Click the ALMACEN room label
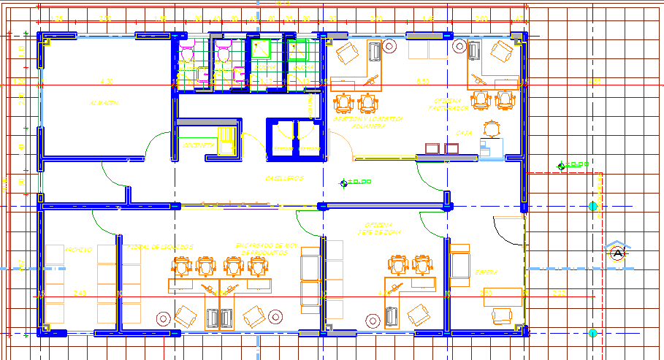tap(104, 104)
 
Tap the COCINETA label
tap(197, 146)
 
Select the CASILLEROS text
tap(283, 178)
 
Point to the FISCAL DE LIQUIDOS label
tap(160, 248)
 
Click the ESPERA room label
tap(486, 272)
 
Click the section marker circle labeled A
tap(618, 253)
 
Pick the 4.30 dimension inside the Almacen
tap(107, 81)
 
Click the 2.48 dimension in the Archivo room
tap(80, 293)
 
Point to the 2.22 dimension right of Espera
tap(559, 293)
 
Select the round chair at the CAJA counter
tap(494, 129)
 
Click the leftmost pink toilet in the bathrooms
tap(187, 54)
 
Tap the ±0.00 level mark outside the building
tap(573, 166)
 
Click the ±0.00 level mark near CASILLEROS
tap(356, 182)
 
